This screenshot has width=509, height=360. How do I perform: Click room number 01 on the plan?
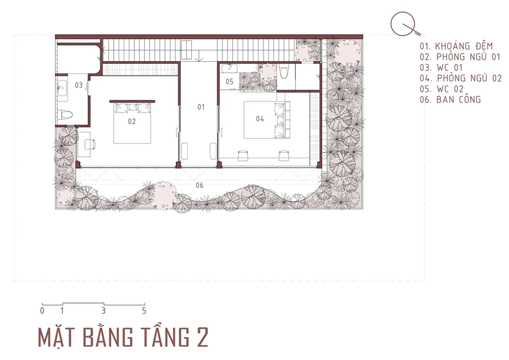point(201,107)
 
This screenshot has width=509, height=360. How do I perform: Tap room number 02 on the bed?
point(131,121)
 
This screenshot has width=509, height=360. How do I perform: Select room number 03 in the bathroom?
point(79,85)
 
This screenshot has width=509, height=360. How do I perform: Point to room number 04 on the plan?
point(260,119)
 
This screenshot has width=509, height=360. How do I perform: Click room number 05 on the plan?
point(230,81)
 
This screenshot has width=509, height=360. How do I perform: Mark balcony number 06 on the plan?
point(200,185)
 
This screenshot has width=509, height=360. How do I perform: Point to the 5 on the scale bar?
point(144,311)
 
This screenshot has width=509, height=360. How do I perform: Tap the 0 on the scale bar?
point(42,311)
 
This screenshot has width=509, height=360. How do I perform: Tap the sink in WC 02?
point(230,69)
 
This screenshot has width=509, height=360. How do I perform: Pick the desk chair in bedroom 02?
point(90,145)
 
